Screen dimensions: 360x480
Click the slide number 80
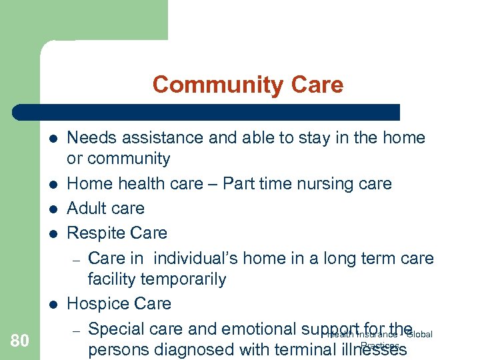click(20, 341)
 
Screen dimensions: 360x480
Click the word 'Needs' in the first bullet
click(91, 138)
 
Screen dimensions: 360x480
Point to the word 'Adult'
click(87, 208)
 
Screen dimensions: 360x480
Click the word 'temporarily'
click(184, 279)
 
